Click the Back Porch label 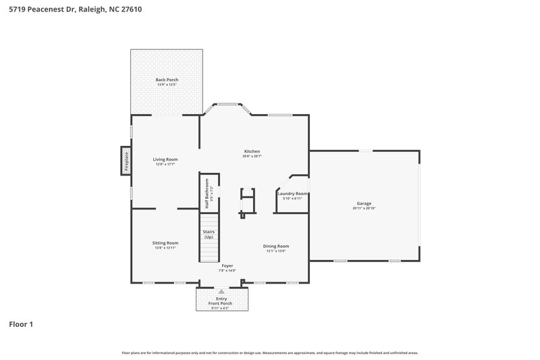[x=167, y=80]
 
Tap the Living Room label [x=165, y=159]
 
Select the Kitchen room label [x=252, y=151]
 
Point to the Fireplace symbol [x=126, y=161]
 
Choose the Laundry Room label [x=292, y=194]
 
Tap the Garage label [x=364, y=203]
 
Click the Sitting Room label [x=165, y=242]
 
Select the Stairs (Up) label [x=209, y=234]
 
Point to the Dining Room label [x=276, y=246]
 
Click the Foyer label [x=227, y=265]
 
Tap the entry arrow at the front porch [x=220, y=292]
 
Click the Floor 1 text [x=21, y=324]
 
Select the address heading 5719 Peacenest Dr [x=75, y=10]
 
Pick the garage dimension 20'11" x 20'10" [x=364, y=208]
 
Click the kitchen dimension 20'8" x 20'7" [x=252, y=156]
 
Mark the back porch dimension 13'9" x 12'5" [x=167, y=84]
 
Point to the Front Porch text [x=221, y=303]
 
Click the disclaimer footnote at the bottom [x=270, y=353]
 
